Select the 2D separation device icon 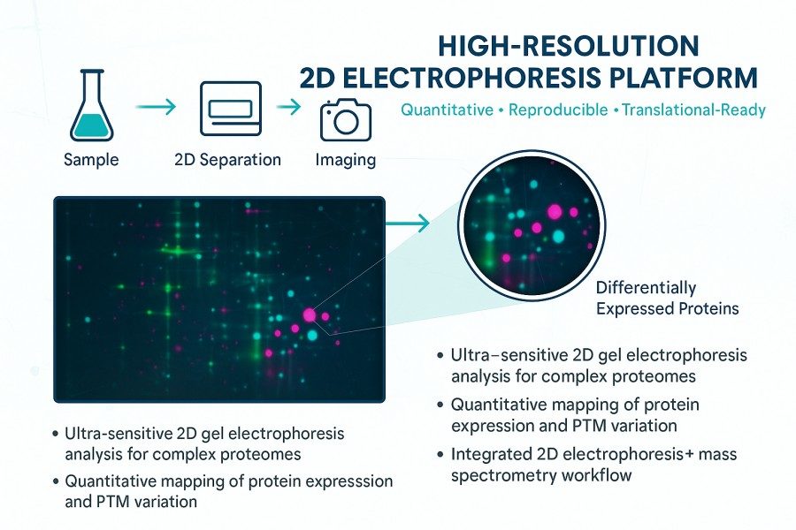pyautogui.click(x=229, y=109)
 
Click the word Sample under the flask pyautogui.click(x=91, y=161)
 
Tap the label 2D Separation pyautogui.click(x=227, y=161)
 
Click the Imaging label pyautogui.click(x=345, y=161)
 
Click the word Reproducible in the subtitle pyautogui.click(x=556, y=110)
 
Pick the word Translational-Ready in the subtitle pyautogui.click(x=693, y=110)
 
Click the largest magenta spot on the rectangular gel pyautogui.click(x=310, y=314)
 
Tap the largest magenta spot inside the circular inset pyautogui.click(x=555, y=212)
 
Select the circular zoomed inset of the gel pyautogui.click(x=530, y=220)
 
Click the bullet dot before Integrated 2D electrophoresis pyautogui.click(x=440, y=456)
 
